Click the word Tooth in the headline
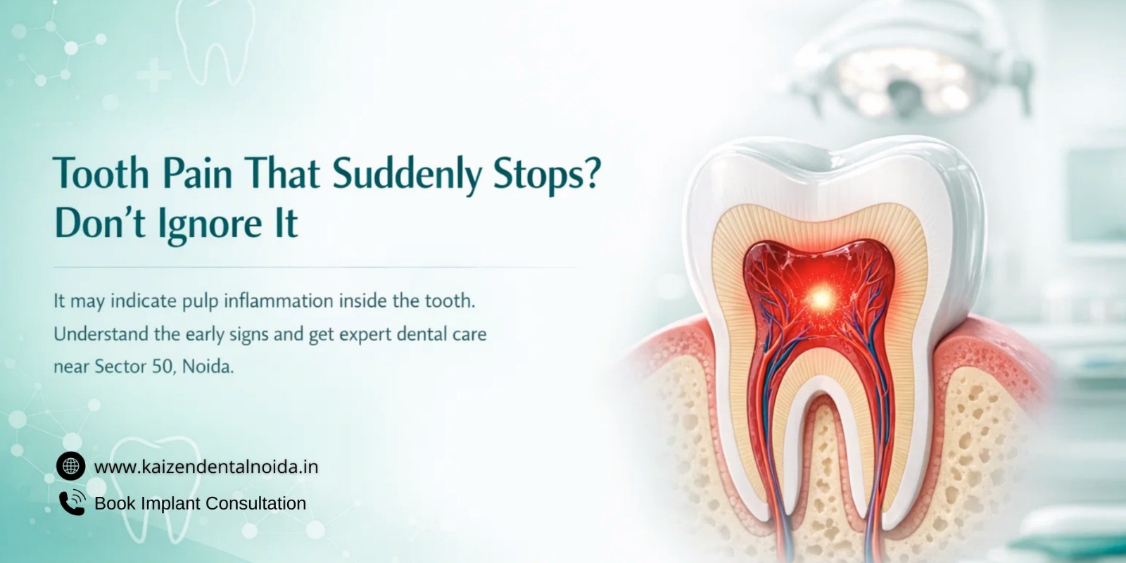pyautogui.click(x=101, y=173)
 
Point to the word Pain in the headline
pyautogui.click(x=197, y=173)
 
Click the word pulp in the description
pyautogui.click(x=200, y=302)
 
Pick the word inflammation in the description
pyautogui.click(x=278, y=301)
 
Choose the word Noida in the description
pyautogui.click(x=207, y=367)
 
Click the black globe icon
pyautogui.click(x=70, y=466)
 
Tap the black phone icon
pyautogui.click(x=71, y=502)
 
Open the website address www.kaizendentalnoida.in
pyautogui.click(x=206, y=467)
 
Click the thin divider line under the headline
pyautogui.click(x=317, y=267)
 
